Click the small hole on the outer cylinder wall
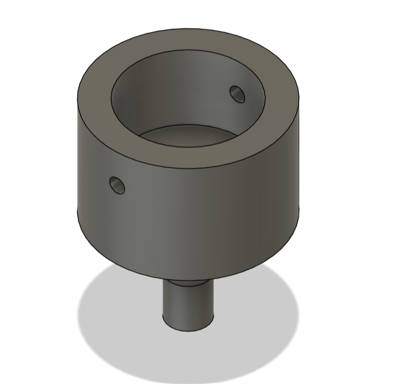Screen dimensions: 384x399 tap(117, 185)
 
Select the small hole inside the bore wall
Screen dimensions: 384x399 tap(237, 93)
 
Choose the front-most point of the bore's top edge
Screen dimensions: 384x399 tap(188, 148)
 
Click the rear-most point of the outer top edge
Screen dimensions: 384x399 tap(188, 29)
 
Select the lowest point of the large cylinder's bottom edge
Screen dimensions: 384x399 tap(188, 280)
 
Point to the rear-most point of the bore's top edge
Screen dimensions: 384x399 tap(188, 50)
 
